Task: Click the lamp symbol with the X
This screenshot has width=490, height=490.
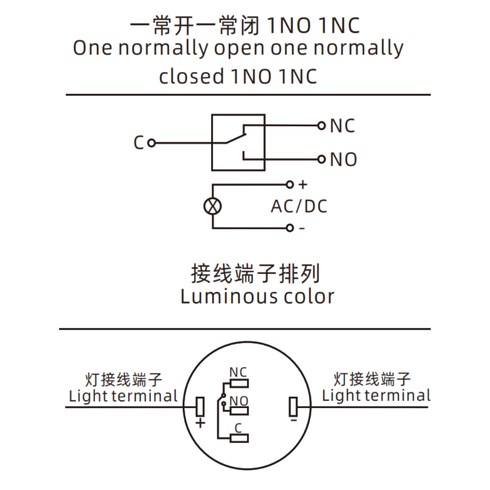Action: coord(213,206)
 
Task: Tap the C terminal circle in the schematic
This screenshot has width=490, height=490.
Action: coord(151,143)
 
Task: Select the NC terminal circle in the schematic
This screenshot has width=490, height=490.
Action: coord(321,125)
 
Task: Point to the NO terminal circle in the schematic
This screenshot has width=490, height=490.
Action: coord(321,159)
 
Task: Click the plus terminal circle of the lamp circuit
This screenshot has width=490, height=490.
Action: coord(290,185)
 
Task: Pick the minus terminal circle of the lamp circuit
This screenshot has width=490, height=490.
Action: coord(290,228)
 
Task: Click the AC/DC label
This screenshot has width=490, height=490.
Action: coord(299,206)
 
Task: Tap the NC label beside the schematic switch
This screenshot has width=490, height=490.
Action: coord(343,125)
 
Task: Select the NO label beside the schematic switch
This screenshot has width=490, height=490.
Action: coord(343,159)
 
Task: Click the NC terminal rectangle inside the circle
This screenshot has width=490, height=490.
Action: coord(239,384)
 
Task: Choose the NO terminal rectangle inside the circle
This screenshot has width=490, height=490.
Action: coord(239,411)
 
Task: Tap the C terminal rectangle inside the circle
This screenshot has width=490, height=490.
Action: coord(239,438)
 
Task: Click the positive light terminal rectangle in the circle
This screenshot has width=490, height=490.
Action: coord(200,407)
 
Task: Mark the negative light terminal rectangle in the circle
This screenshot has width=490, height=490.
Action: coord(293,407)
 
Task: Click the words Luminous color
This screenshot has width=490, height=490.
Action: coord(257,296)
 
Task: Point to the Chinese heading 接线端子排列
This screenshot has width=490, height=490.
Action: coord(255,274)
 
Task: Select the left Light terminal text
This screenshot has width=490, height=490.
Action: coord(123,396)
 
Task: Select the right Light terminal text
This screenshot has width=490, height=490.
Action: coord(376,395)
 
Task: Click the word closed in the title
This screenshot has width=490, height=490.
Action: coord(192,76)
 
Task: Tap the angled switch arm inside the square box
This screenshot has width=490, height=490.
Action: coord(236,139)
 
